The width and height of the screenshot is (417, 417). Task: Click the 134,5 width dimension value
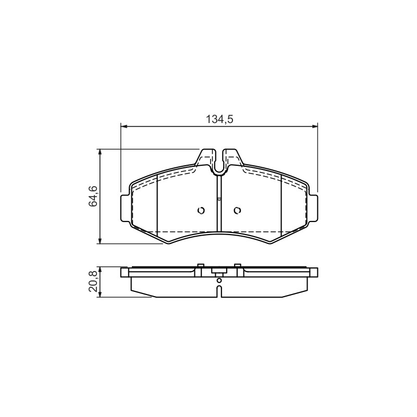pos(219,119)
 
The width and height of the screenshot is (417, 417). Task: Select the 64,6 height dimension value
pos(93,197)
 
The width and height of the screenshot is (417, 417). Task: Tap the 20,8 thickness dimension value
pos(93,282)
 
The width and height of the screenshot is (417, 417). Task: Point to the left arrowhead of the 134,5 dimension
pos(124,127)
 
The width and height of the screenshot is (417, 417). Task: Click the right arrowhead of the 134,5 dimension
pos(315,127)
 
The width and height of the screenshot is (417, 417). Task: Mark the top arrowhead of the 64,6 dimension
pos(100,152)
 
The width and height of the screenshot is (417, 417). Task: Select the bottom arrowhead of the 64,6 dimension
pos(100,240)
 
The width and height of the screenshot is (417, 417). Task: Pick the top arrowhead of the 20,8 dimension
pos(100,270)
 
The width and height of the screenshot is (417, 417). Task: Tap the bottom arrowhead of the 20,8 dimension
pos(100,294)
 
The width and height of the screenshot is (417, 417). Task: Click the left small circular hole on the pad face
pos(201,211)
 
